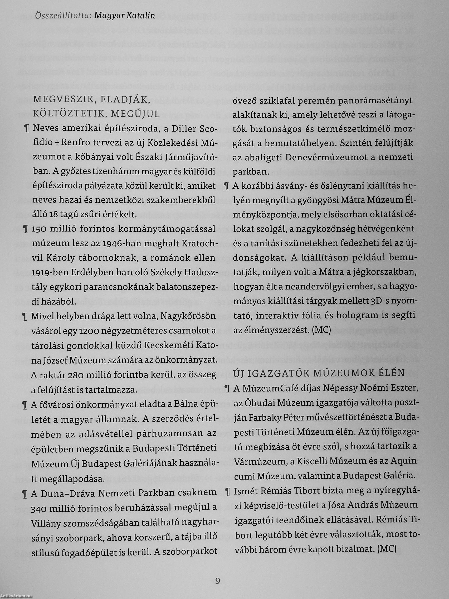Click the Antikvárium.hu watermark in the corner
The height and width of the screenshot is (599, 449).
tap(16, 596)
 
